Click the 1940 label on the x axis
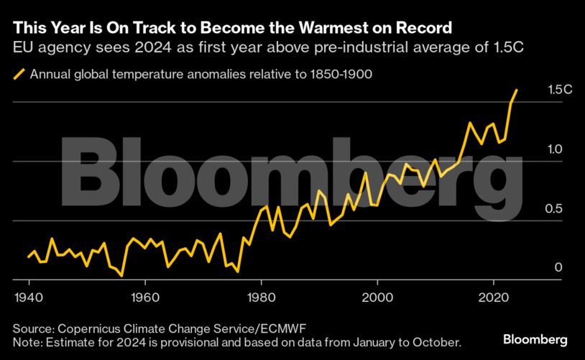(27, 297)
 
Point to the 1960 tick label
(144, 297)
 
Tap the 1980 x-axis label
(261, 297)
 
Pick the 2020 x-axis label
(494, 297)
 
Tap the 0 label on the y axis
(557, 267)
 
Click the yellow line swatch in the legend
(19, 73)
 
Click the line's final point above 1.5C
(517, 90)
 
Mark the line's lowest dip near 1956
(121, 275)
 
